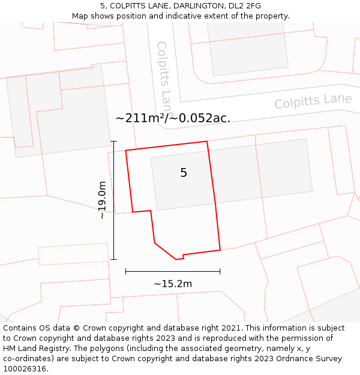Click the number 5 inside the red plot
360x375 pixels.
pyautogui.click(x=184, y=173)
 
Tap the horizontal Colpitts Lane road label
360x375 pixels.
pyautogui.click(x=313, y=101)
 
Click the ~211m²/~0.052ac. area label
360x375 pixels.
pyautogui.click(x=173, y=118)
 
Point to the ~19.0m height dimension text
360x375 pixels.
pyautogui.click(x=103, y=200)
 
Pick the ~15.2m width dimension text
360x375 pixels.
pyautogui.click(x=173, y=284)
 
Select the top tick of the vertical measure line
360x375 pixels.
pyautogui.click(x=114, y=141)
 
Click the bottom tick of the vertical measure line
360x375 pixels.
pyautogui.click(x=114, y=259)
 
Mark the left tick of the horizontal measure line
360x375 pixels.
pyautogui.click(x=125, y=271)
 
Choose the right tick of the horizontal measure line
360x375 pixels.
pyautogui.click(x=220, y=271)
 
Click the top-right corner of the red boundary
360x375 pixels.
pyautogui.click(x=207, y=142)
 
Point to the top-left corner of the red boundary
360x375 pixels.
pyautogui.click(x=125, y=151)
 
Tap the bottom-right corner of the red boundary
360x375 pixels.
pyautogui.click(x=220, y=250)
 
